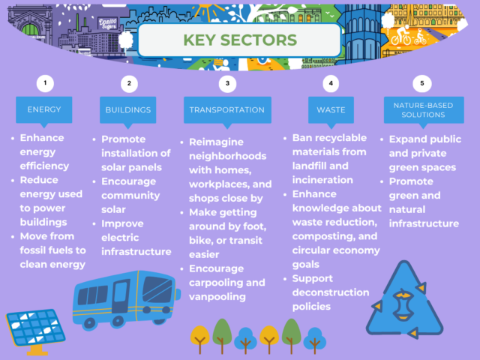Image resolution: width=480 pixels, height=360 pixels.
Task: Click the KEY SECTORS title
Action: pyautogui.click(x=239, y=39)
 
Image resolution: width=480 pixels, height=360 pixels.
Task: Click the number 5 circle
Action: pyautogui.click(x=421, y=82)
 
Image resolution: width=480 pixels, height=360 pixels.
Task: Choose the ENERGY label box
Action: pyautogui.click(x=44, y=109)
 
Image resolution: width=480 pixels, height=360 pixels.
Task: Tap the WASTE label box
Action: pyautogui.click(x=331, y=109)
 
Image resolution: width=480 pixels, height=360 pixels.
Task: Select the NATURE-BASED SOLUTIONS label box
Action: pyautogui.click(x=421, y=109)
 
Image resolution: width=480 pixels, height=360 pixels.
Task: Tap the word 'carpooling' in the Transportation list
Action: pyautogui.click(x=211, y=282)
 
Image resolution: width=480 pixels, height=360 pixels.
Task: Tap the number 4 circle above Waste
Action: pyautogui.click(x=331, y=82)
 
